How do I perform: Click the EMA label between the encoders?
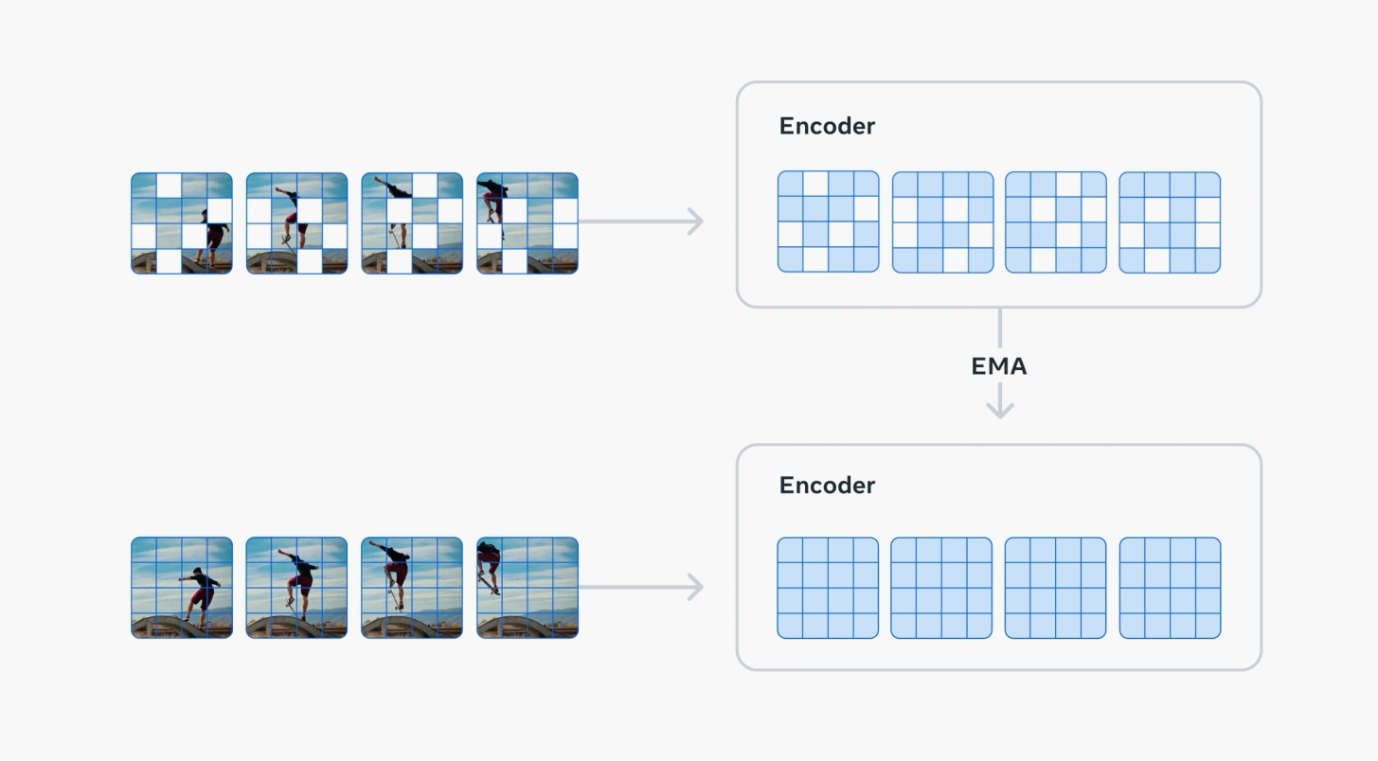[x=999, y=366]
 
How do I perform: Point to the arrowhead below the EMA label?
[x=999, y=408]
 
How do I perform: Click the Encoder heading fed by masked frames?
[x=827, y=126]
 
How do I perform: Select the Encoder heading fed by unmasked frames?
[x=827, y=486]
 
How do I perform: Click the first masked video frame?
[x=181, y=223]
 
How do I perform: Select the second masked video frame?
[x=296, y=223]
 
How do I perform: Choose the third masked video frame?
[x=412, y=223]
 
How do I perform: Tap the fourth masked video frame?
[x=527, y=223]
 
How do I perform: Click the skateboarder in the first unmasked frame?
[x=200, y=592]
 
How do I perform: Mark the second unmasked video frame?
[x=296, y=588]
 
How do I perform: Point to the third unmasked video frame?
[x=412, y=588]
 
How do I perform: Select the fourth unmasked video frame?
[x=527, y=588]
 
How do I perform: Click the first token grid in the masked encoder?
[x=828, y=221]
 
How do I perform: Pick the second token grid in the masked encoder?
[x=942, y=221]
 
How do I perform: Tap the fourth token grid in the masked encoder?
[x=1170, y=221]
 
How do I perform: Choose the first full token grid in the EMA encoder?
[x=828, y=588]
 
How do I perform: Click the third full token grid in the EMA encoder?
[x=1055, y=588]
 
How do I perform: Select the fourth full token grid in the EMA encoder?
[x=1170, y=588]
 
